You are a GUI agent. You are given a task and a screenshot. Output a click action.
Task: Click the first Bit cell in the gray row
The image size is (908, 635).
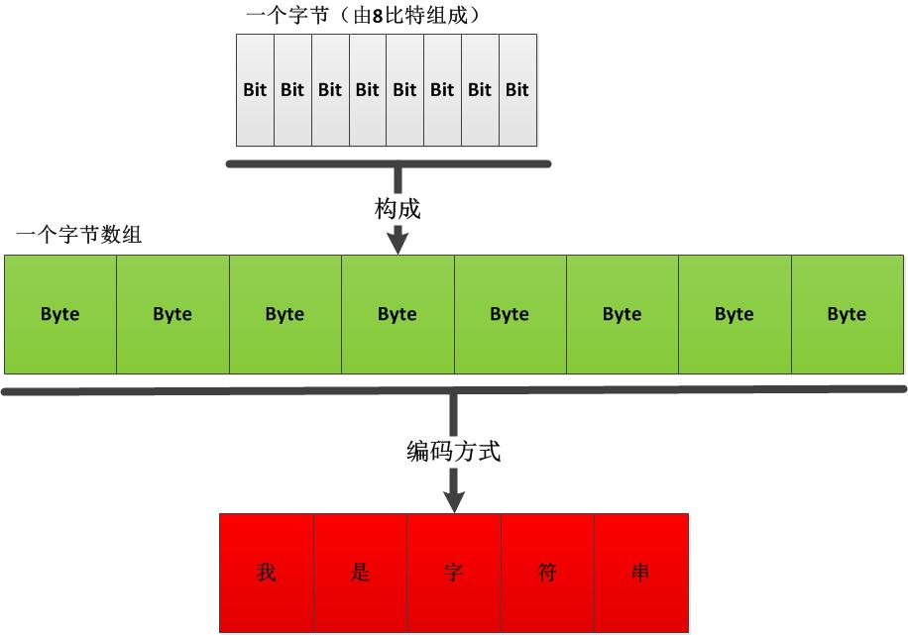pos(255,90)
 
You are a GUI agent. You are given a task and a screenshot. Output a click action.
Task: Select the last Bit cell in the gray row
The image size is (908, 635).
pos(517,90)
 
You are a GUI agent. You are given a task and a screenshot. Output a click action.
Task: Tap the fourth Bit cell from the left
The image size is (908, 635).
pos(368,90)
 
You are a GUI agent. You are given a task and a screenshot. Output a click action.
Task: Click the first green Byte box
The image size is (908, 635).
pos(60,314)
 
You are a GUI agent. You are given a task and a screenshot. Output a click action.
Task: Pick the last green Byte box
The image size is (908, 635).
pos(848,314)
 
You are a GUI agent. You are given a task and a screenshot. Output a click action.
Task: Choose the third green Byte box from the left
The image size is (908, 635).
pos(285,314)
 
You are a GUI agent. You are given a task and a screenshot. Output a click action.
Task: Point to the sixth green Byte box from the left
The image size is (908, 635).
pos(623,314)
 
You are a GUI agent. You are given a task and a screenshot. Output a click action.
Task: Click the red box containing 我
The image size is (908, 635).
pos(267,573)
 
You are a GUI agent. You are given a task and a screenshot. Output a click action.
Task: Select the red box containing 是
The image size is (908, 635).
pos(360,573)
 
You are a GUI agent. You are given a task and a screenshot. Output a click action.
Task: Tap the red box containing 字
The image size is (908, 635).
pos(454,573)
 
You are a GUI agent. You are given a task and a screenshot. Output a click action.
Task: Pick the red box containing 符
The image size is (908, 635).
pos(547,573)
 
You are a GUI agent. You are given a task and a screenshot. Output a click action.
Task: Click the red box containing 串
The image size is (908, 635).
pos(640,573)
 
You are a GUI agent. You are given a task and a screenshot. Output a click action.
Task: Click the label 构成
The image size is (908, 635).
pos(398,209)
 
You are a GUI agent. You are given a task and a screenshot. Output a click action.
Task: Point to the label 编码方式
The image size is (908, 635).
pos(454,452)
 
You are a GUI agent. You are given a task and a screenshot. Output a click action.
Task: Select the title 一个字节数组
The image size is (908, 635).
pos(79,236)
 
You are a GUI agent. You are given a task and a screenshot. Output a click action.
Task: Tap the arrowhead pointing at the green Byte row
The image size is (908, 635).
pos(398,242)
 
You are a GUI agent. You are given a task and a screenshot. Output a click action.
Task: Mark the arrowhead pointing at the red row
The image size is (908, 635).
pos(454,499)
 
